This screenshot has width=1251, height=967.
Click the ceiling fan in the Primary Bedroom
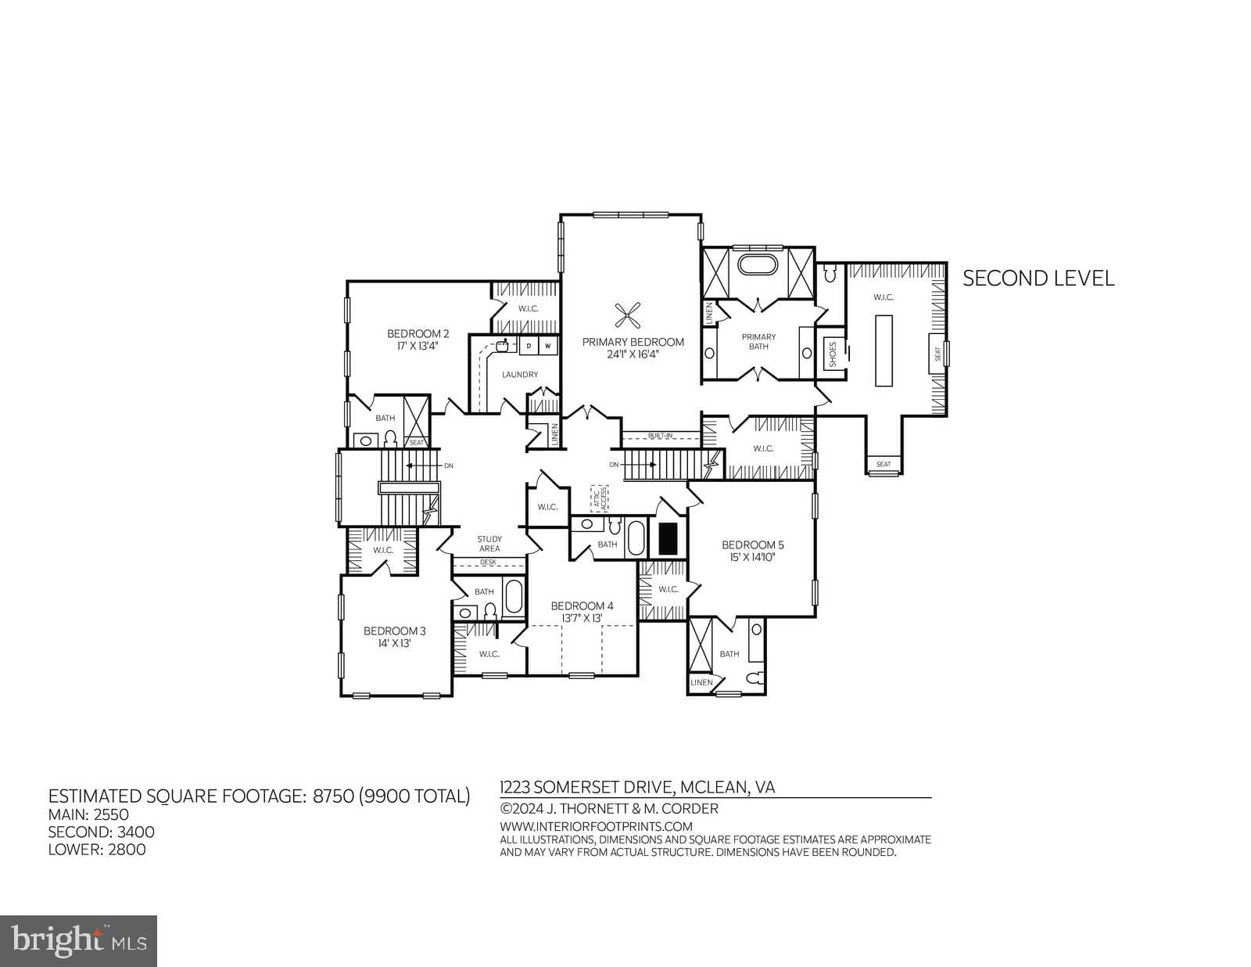[x=628, y=316]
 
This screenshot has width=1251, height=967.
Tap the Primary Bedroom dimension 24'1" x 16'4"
[x=633, y=354]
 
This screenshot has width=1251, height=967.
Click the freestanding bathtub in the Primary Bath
[x=759, y=264]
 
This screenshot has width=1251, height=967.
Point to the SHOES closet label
[x=833, y=354]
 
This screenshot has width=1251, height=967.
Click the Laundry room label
[x=520, y=375]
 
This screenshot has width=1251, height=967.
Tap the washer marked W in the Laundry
[x=548, y=346]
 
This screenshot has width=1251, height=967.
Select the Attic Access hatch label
[x=599, y=498]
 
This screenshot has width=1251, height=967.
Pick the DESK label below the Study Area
[x=489, y=562]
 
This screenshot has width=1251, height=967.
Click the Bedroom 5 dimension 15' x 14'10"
[x=752, y=557]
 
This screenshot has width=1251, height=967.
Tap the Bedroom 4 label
[x=582, y=606]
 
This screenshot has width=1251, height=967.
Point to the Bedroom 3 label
[x=394, y=631]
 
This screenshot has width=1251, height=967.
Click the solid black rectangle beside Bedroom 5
[x=668, y=538]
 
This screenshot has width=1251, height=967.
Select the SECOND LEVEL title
[x=1038, y=279]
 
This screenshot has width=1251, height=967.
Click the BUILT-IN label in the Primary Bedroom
[x=660, y=436]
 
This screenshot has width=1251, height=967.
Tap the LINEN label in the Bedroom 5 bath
[x=701, y=682]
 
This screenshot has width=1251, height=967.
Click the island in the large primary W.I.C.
[x=884, y=350]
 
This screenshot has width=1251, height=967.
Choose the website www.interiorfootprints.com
[x=596, y=826]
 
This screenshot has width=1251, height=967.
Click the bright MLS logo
[x=78, y=940]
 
